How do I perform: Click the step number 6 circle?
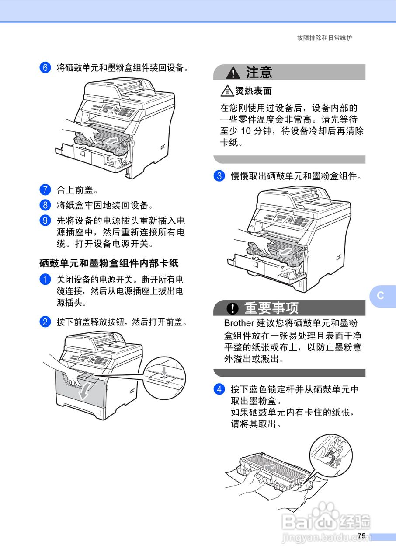click(x=45, y=68)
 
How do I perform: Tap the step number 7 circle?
click(x=45, y=190)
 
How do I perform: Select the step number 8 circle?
click(x=45, y=204)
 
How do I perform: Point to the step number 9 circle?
click(x=45, y=220)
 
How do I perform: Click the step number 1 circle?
click(x=45, y=279)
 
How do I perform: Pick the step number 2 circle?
click(x=45, y=322)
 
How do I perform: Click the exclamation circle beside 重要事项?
click(x=233, y=308)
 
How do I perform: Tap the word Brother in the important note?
click(x=239, y=324)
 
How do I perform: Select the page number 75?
click(x=361, y=536)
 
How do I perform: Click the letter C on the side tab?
click(x=381, y=295)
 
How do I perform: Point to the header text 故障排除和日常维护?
click(x=324, y=38)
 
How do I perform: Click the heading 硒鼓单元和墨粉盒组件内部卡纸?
click(x=109, y=263)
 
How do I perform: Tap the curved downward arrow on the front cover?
click(x=84, y=391)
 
